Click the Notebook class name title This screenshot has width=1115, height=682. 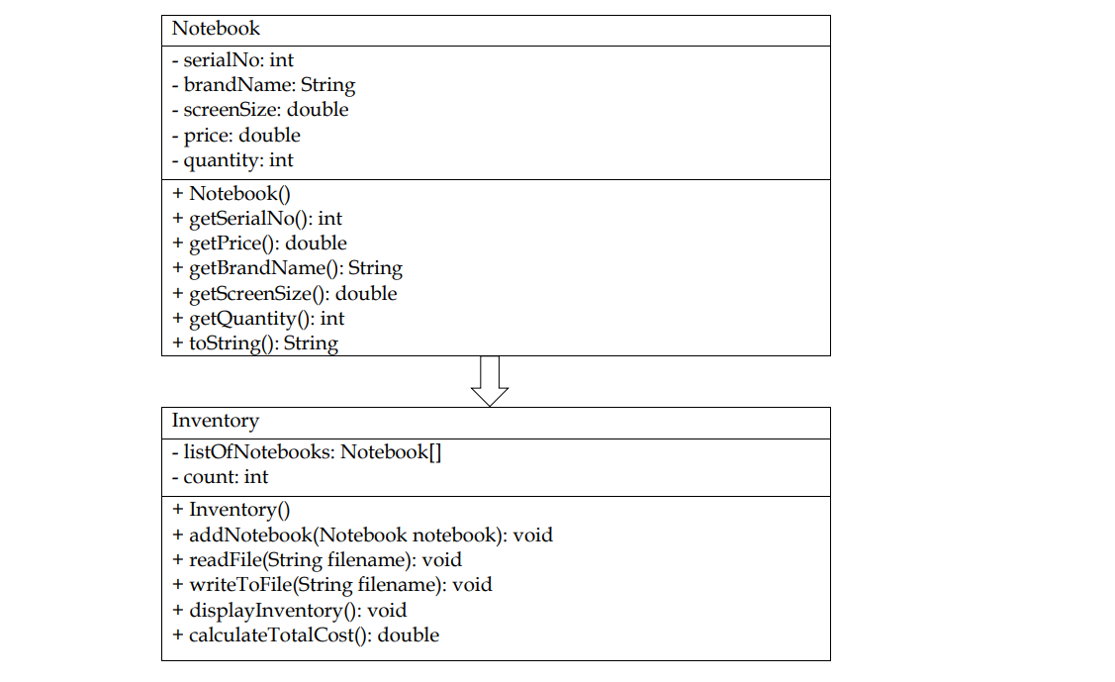(216, 29)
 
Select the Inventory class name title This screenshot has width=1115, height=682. (215, 421)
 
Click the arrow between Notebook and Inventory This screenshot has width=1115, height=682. (490, 381)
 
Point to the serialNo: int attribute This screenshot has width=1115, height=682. (232, 60)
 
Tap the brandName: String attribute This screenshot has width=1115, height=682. (263, 85)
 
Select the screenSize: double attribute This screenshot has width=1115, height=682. (260, 110)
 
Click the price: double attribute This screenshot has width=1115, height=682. (235, 135)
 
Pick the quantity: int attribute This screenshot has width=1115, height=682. (232, 159)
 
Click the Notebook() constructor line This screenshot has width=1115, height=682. (232, 193)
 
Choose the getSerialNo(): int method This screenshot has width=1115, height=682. (257, 218)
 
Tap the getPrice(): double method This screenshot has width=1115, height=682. (259, 243)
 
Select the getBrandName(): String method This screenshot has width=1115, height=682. (287, 267)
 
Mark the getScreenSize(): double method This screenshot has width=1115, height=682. (284, 293)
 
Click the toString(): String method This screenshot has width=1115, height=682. (255, 343)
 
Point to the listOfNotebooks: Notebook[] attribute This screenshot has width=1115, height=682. (307, 452)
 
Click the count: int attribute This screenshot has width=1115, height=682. (220, 476)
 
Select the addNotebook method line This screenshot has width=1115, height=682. (362, 535)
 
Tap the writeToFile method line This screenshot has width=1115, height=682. (331, 584)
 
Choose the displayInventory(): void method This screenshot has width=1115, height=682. (289, 610)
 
